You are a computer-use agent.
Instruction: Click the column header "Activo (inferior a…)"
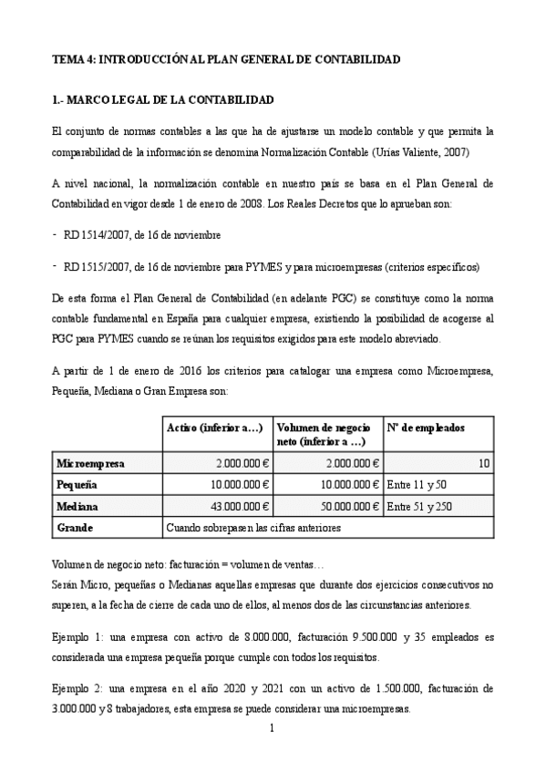pos(215,428)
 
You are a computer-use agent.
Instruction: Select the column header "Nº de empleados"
pos(426,428)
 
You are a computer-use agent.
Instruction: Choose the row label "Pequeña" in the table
pos(77,484)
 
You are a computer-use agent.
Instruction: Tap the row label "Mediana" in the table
pos(77,506)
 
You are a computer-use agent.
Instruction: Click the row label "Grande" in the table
pos(74,528)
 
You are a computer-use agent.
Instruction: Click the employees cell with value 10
pos(484,464)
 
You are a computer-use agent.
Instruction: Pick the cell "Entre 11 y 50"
pos(417,485)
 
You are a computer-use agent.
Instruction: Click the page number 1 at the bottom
pos(273,729)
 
